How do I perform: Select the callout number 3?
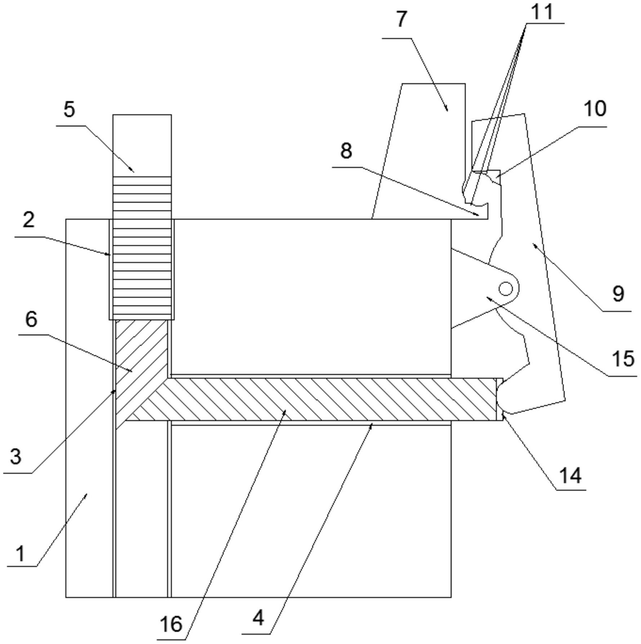coord(15,457)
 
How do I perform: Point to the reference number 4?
coord(258,618)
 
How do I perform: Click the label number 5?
coord(69,109)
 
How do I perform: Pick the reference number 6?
coord(31,319)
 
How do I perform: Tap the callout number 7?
coord(402,19)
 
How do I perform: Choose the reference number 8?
coord(346,151)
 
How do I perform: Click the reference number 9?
coord(618,294)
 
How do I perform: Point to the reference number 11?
coord(542,12)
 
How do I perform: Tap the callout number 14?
coord(570,476)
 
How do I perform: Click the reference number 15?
coord(623,359)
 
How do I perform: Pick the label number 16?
coord(171,624)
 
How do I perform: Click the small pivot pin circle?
coord(505,288)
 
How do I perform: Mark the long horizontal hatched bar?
coord(324,399)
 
